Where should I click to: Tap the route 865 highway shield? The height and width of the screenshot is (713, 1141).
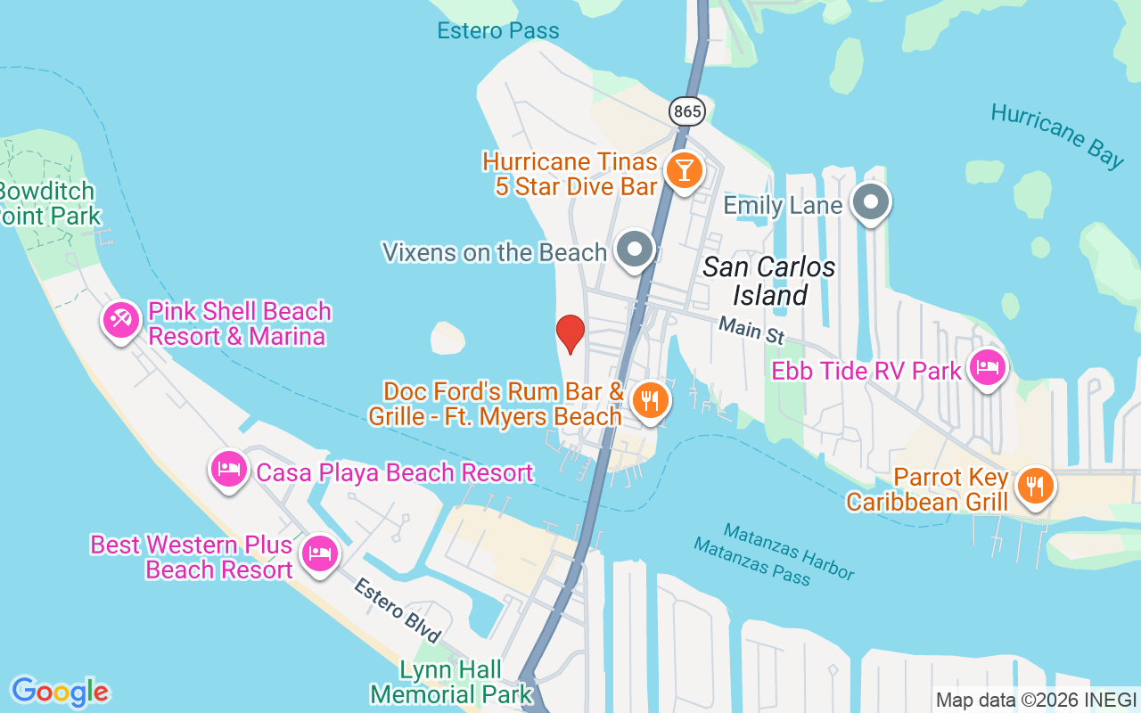click(688, 111)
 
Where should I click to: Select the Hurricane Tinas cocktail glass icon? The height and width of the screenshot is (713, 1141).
click(684, 169)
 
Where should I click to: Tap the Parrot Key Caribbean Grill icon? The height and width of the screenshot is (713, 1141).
click(1034, 487)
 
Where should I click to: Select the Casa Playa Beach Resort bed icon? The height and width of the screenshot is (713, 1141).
click(229, 469)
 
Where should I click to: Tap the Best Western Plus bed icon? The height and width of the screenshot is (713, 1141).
click(319, 553)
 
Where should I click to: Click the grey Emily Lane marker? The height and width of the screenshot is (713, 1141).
click(871, 202)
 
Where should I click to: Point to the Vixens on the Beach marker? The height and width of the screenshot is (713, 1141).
click(636, 250)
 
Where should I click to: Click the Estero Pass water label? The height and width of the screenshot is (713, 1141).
click(498, 31)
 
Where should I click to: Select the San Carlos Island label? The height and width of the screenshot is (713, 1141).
click(768, 280)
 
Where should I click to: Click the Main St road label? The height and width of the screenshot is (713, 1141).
click(751, 331)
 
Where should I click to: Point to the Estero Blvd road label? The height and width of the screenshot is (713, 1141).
click(398, 611)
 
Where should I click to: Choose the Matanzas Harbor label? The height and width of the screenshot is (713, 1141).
click(788, 550)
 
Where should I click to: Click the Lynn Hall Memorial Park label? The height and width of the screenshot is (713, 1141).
click(451, 682)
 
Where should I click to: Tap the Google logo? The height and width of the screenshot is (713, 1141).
click(60, 691)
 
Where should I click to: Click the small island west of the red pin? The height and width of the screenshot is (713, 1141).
click(447, 338)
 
